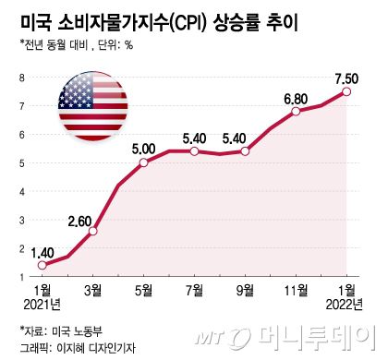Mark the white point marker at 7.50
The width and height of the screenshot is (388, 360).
tap(346, 91)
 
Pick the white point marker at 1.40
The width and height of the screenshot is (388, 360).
tap(42, 266)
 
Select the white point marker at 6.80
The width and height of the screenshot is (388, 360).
tap(296, 112)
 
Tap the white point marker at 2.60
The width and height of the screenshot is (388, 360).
tap(92, 231)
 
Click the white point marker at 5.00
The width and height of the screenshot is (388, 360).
tap(143, 163)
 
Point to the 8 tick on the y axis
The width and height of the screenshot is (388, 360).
tap(21, 78)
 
